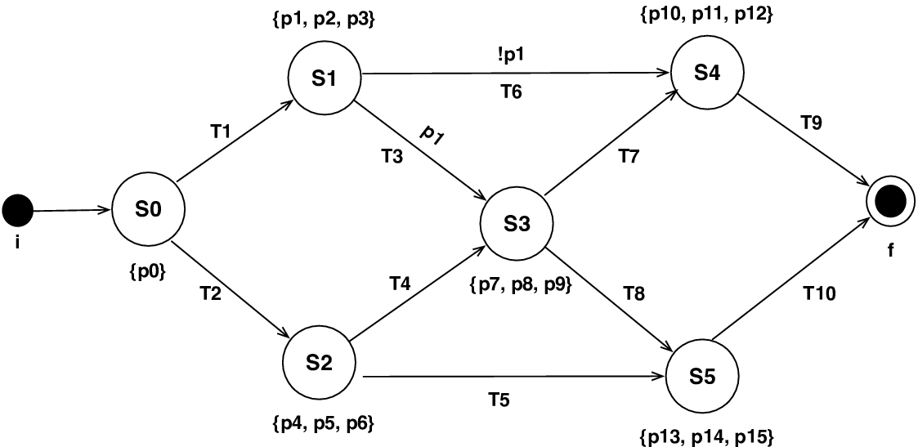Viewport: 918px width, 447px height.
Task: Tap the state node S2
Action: click(x=320, y=364)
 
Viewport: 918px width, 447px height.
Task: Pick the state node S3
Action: click(x=517, y=224)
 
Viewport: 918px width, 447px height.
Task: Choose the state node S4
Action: click(x=707, y=71)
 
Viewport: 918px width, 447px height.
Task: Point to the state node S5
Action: click(x=702, y=378)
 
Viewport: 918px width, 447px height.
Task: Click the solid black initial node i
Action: click(x=18, y=210)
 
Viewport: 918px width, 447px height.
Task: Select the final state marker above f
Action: click(x=890, y=201)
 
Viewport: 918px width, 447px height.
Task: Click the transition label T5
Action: click(x=499, y=400)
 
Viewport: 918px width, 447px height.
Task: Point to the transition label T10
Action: click(x=818, y=294)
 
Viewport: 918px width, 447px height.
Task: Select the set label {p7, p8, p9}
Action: click(x=521, y=287)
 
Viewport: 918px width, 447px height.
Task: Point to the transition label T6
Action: click(x=512, y=92)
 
